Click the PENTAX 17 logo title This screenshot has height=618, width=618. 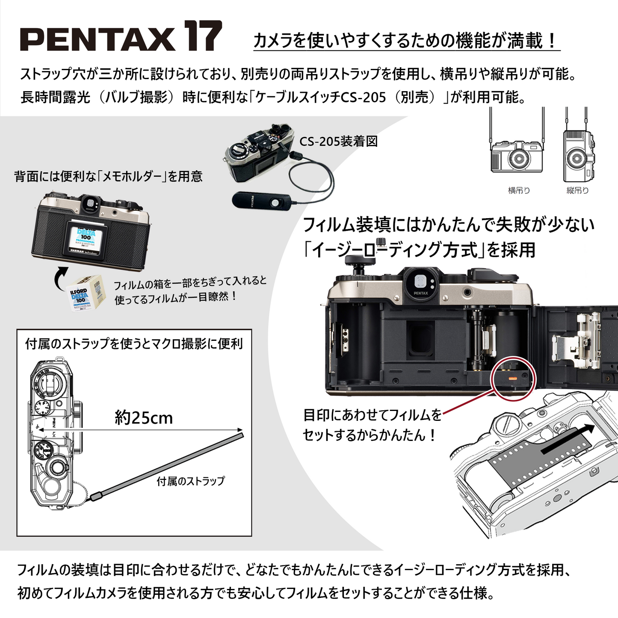(121, 37)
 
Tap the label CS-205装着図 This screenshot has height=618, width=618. (338, 142)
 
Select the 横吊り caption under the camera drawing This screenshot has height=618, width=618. (519, 191)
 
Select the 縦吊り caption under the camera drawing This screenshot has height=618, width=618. (577, 191)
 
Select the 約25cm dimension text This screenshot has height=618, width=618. (144, 418)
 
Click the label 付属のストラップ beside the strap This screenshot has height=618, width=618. (190, 481)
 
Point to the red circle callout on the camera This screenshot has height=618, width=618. (513, 378)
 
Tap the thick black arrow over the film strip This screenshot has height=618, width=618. (567, 439)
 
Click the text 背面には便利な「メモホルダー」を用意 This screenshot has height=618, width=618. (108, 177)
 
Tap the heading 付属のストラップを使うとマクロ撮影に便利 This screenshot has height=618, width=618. (134, 344)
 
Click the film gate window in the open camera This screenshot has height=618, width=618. (420, 338)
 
